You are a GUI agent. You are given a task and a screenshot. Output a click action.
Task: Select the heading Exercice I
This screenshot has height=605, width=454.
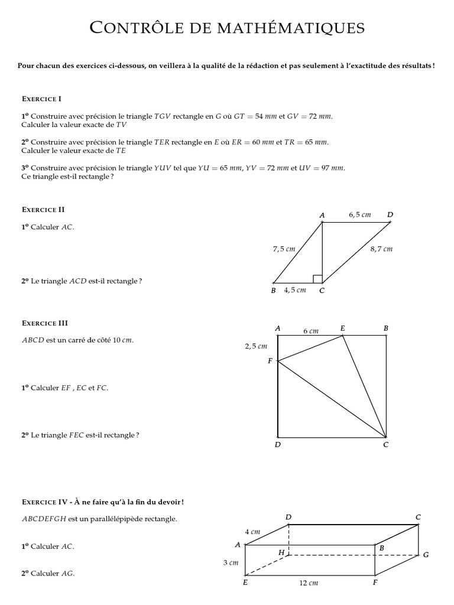[41, 99]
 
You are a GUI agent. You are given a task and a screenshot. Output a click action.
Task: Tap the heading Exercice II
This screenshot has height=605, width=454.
[43, 209]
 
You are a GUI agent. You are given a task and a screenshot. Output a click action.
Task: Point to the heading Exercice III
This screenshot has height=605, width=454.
[45, 323]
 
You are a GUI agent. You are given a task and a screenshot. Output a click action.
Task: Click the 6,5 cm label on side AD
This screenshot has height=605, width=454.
[360, 215]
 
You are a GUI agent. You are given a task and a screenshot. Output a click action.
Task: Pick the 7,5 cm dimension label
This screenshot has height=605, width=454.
[284, 249]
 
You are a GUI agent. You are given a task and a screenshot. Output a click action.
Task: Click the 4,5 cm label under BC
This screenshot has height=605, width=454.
[295, 290]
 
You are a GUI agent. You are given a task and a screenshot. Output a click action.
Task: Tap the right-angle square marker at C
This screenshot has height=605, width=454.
[317, 279]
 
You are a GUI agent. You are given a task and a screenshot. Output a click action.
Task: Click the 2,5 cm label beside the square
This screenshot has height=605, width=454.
[256, 346]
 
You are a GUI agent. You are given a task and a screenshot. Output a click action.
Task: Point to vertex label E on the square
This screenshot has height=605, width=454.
[343, 327]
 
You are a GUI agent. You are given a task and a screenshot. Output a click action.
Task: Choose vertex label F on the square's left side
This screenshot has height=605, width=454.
[270, 360]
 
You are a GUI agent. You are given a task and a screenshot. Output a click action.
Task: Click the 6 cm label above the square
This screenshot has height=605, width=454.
[310, 331]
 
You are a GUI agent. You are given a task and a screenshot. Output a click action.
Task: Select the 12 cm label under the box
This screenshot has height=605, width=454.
[309, 583]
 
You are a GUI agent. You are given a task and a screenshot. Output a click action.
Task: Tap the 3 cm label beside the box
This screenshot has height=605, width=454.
[231, 563]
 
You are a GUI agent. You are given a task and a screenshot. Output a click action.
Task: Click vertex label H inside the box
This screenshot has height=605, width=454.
[281, 552]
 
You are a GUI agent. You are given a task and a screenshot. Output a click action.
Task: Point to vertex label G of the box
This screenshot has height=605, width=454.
[426, 555]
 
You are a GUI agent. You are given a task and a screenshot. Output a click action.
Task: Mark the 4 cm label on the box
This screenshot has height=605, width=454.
[253, 532]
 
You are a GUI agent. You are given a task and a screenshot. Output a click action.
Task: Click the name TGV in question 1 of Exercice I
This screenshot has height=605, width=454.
[162, 116]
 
